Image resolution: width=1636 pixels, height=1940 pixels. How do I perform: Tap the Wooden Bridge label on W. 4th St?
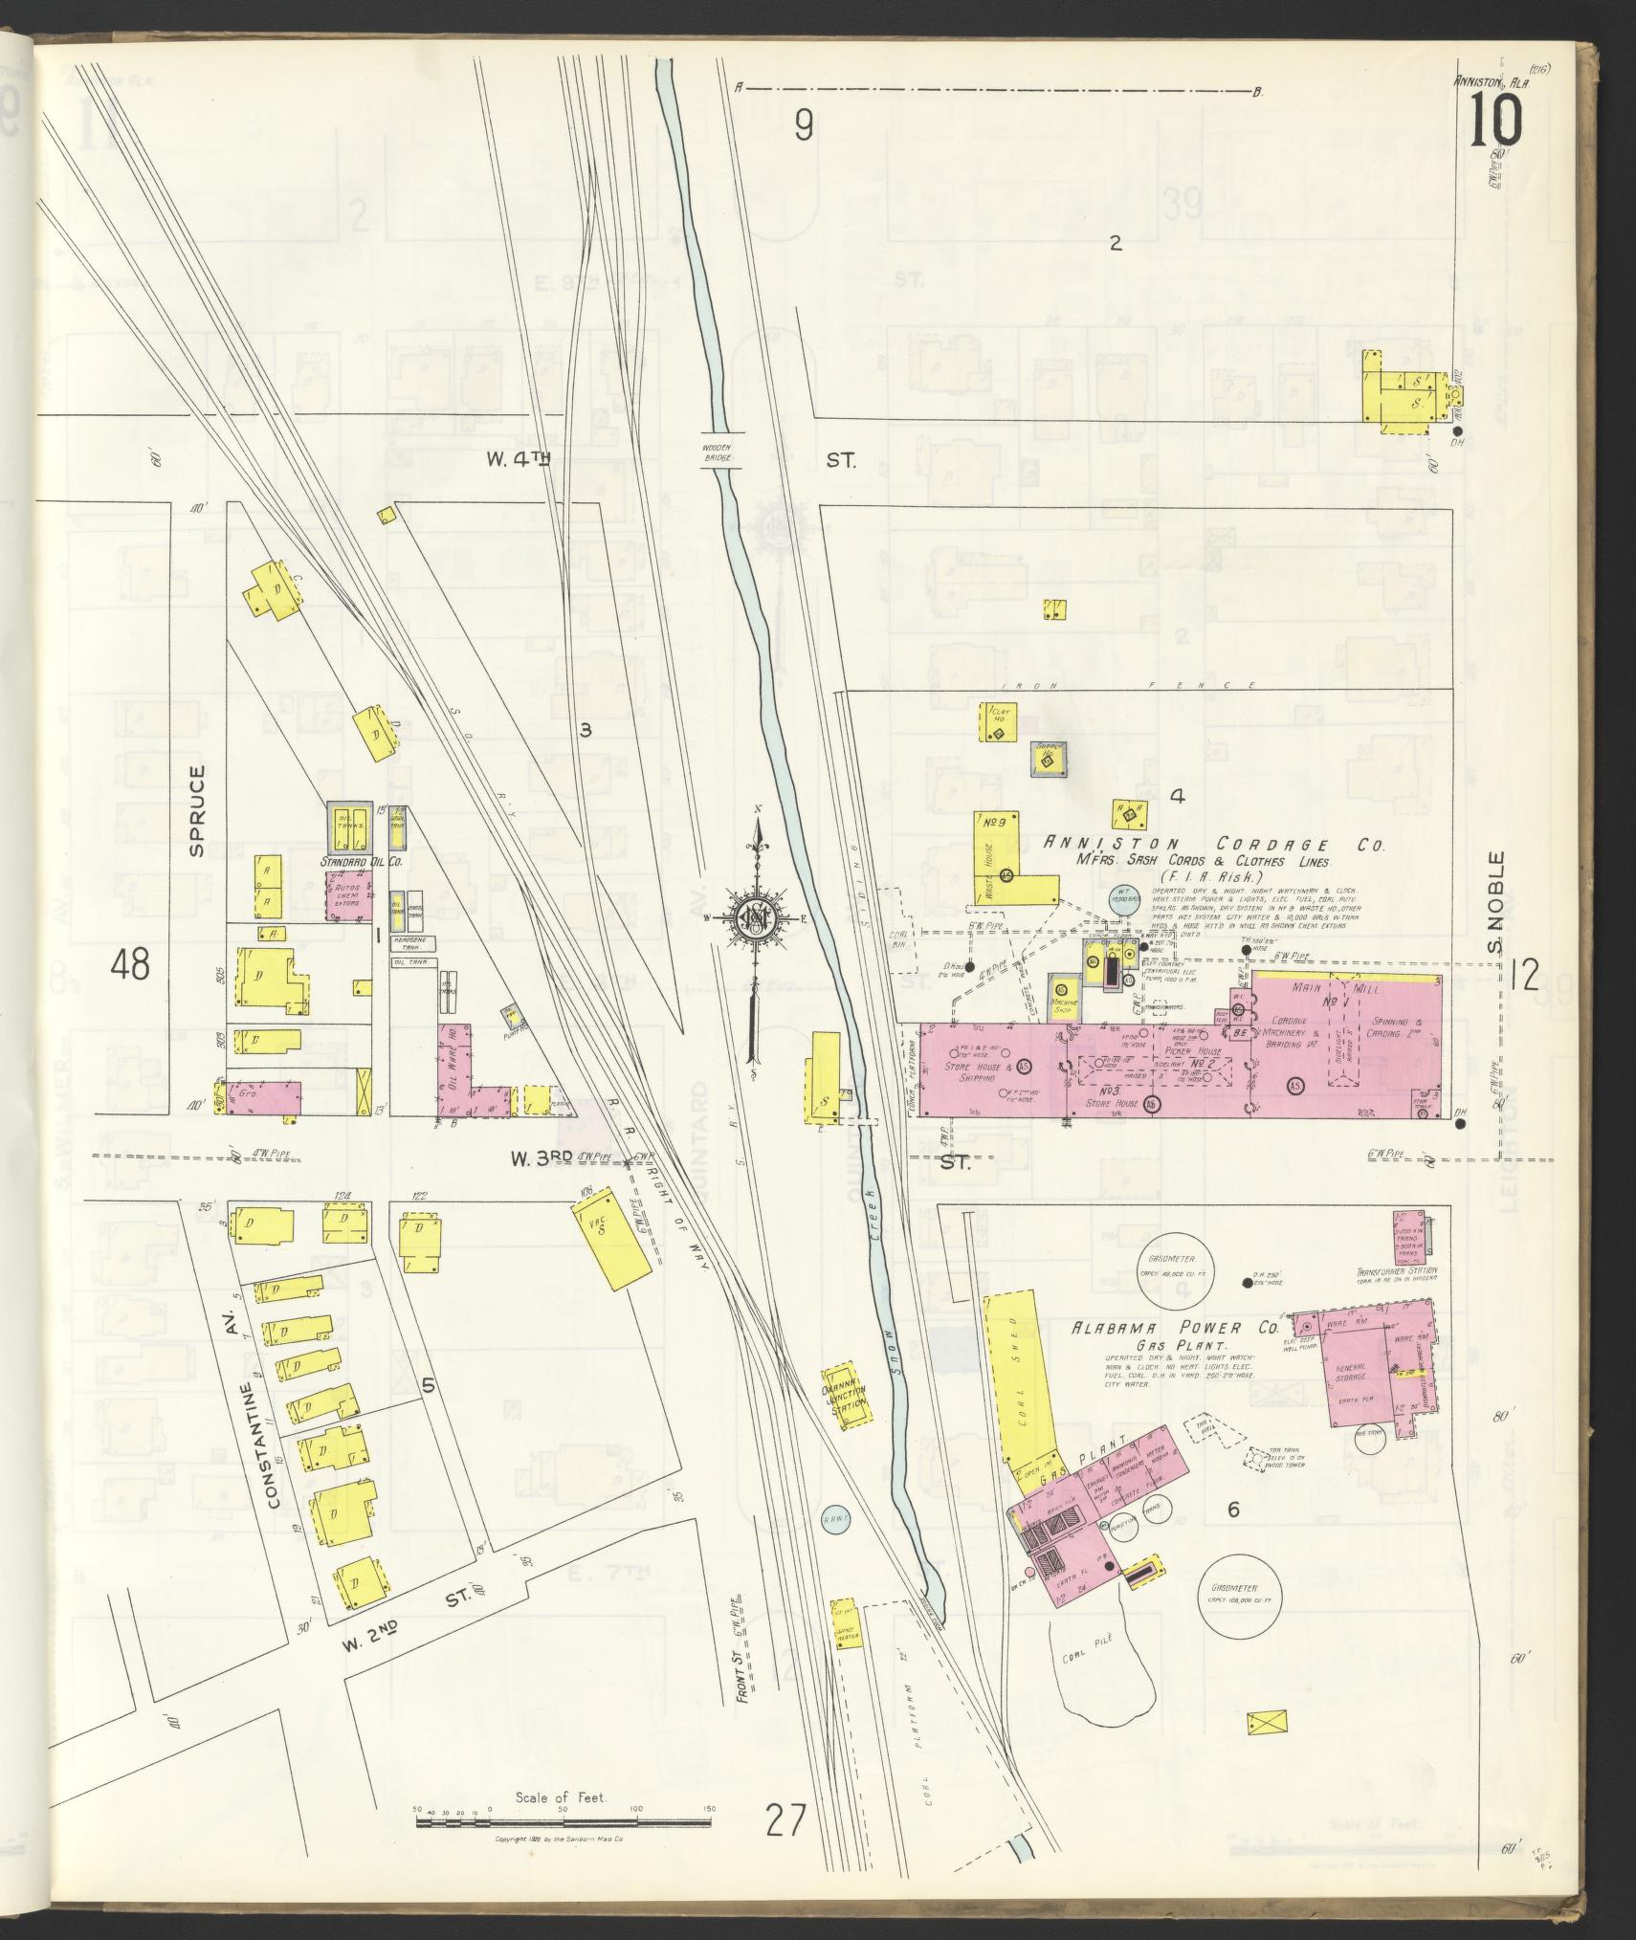point(718,452)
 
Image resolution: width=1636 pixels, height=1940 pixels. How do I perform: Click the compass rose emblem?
point(757,915)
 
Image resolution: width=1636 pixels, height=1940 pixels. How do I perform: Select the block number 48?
point(130,964)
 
